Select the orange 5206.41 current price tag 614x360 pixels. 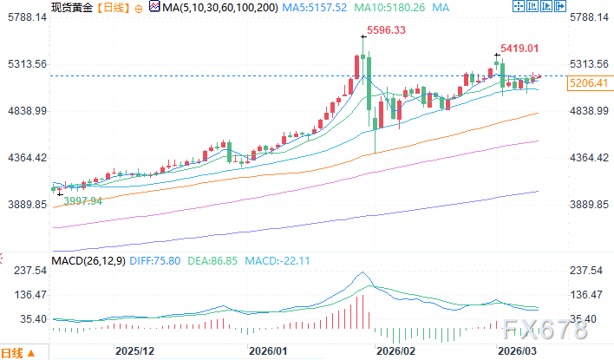tap(589, 83)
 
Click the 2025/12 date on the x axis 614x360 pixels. tap(134, 351)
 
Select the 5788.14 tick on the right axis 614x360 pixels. tap(589, 17)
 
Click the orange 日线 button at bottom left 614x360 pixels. tap(12, 352)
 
